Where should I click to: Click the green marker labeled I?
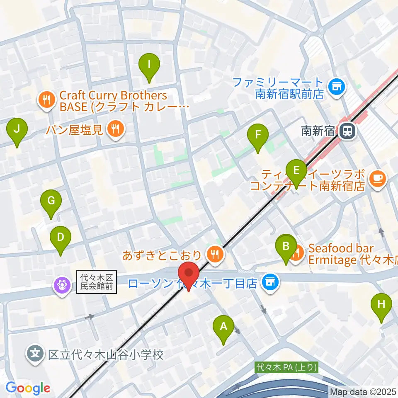tap(149, 65)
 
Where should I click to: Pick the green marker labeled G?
tap(51, 201)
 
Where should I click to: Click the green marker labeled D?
tap(61, 238)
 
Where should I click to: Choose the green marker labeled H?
tap(381, 305)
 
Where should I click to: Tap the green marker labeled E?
tap(296, 170)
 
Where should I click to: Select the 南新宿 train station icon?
tap(347, 132)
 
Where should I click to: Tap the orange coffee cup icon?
tap(378, 179)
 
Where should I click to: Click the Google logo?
tap(28, 388)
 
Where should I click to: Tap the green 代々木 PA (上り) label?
tap(287, 367)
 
